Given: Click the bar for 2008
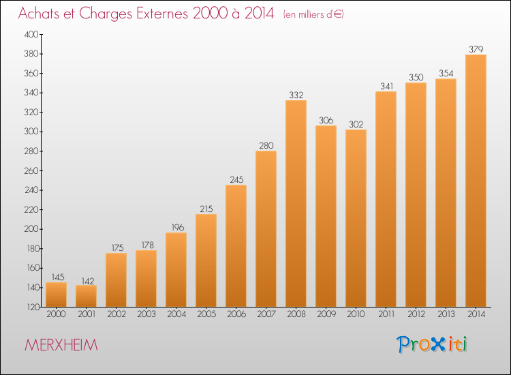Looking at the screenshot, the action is pos(296,203).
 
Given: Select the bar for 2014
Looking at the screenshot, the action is pos(476,181).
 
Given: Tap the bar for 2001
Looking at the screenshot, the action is pos(86,296).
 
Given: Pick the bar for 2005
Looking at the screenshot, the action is pos(206,260).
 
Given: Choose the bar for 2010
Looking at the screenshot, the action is pos(356,218).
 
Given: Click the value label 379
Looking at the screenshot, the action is pos(476,49).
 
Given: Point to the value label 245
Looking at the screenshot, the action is pos(236,180).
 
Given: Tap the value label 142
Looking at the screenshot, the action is pos(87,281).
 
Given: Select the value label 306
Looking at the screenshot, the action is pos(326,120).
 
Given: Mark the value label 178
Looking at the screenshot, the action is pos(147,245).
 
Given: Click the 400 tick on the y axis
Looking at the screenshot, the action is pos(31,34).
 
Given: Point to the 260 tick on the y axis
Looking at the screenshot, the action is pos(31,170).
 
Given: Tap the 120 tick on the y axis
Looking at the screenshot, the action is pos(32,307).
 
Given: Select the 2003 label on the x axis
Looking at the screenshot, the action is pos(146,314).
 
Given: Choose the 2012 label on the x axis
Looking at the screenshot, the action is pos(416,314).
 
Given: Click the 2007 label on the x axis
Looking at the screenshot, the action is pos(266,314).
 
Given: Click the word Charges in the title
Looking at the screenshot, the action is pos(106,14).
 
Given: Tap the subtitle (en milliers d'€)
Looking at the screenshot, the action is pos(313,15).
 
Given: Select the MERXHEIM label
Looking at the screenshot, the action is pos(61,345).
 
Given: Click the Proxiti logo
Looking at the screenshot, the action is pos(432,344).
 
